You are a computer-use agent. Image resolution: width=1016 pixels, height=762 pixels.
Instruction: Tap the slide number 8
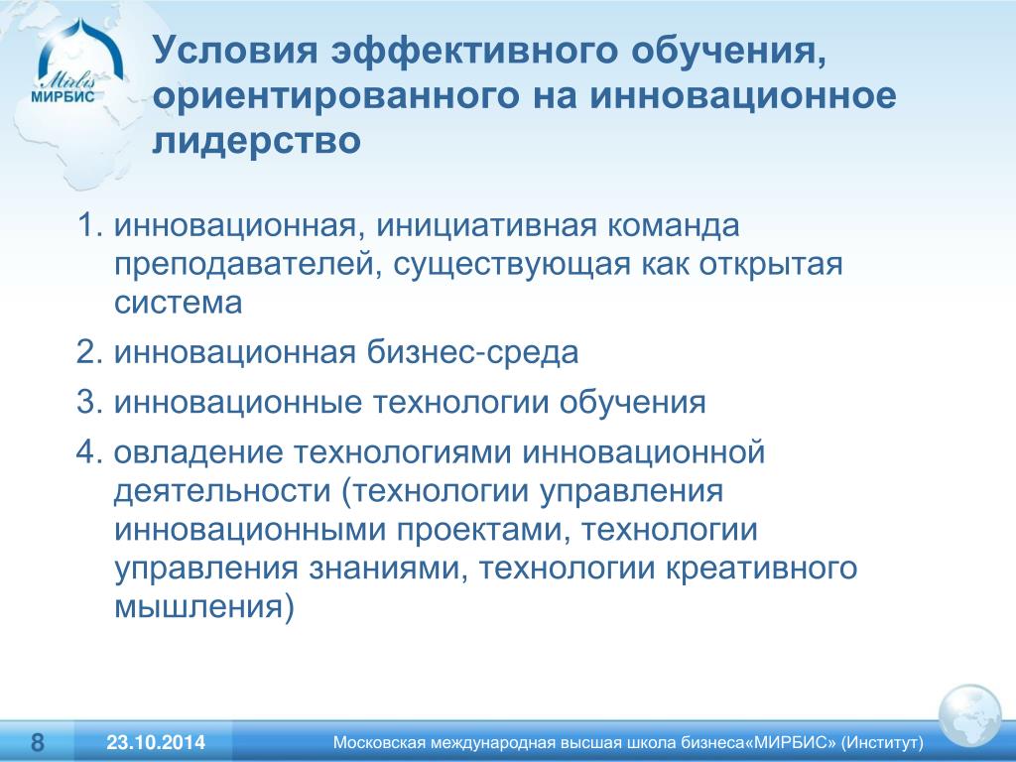[39, 742]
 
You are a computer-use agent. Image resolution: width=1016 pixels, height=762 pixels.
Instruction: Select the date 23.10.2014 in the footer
[156, 742]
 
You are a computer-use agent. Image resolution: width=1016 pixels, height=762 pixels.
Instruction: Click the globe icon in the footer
[969, 717]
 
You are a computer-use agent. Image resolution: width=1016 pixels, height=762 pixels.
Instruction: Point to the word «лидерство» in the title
[257, 141]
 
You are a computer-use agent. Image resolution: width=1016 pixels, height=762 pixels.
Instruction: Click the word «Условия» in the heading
[236, 52]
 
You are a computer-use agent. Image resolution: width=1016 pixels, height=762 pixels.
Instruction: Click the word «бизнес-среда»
[472, 352]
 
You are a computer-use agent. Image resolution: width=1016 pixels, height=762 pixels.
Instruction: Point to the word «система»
[179, 304]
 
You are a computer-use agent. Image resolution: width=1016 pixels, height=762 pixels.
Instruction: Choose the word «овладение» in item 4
[198, 452]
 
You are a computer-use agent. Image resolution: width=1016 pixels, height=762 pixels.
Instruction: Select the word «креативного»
[761, 569]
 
